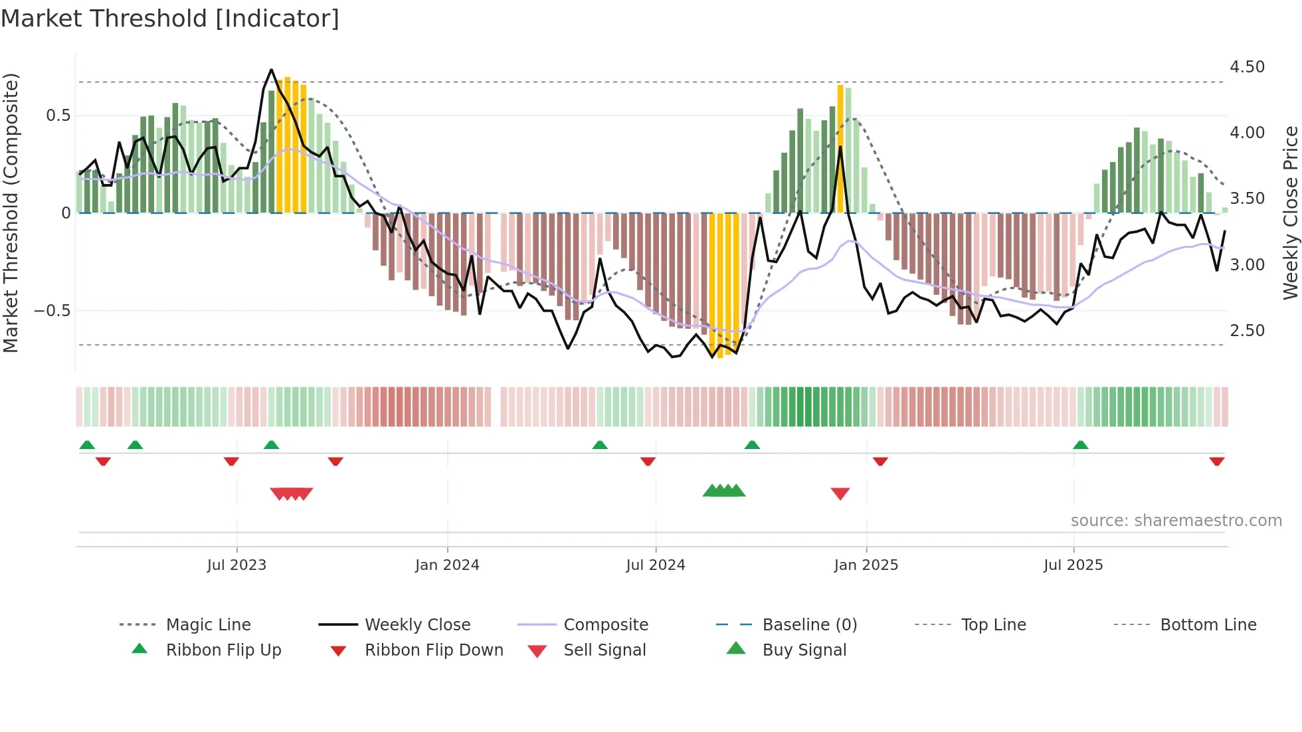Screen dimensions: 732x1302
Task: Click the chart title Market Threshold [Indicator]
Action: tap(170, 19)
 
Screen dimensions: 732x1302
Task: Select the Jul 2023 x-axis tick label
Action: tap(236, 565)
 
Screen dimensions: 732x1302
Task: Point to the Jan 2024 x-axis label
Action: tap(447, 565)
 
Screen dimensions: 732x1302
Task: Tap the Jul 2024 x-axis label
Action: tap(656, 565)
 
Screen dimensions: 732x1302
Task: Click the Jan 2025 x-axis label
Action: tap(866, 565)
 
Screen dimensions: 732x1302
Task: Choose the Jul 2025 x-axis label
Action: tap(1073, 565)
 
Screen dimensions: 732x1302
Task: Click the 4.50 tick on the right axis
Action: tap(1247, 67)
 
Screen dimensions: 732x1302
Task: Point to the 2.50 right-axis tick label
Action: tap(1247, 331)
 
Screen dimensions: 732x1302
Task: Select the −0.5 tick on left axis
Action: tap(52, 311)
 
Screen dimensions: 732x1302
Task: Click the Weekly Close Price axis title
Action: tap(1290, 213)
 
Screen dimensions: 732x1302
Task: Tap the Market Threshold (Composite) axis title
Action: tap(11, 213)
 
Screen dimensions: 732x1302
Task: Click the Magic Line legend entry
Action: tap(208, 625)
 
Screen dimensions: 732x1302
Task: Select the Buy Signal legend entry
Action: tap(804, 650)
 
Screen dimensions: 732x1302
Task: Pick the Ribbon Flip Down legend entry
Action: tap(434, 650)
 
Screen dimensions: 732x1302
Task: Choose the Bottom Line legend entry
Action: tap(1208, 625)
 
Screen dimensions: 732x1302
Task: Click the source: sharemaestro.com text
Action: tap(1176, 521)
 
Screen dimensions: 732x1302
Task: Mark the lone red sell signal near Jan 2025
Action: tap(840, 494)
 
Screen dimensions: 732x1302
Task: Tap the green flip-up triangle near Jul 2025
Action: tap(1081, 445)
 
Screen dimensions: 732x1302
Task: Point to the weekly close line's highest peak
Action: tap(271, 70)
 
